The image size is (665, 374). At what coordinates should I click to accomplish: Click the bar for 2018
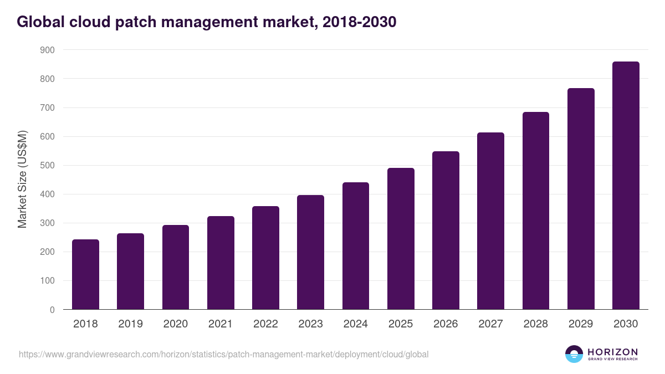pos(85,274)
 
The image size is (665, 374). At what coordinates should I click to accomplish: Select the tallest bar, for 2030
pos(626,186)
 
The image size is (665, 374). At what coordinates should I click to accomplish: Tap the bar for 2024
pos(356,246)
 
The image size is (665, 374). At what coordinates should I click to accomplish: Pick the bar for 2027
pos(490,221)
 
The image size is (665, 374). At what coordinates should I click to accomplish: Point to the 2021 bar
pos(221,263)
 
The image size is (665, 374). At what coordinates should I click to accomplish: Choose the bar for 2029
pos(581,199)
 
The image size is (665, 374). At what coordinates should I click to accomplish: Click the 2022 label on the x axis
pos(265,324)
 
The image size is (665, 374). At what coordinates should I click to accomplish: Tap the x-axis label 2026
pos(446,324)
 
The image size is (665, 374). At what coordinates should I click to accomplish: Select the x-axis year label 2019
pos(130,324)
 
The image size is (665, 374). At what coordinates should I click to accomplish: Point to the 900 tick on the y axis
pos(48,50)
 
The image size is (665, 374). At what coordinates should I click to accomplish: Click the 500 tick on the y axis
pos(48,166)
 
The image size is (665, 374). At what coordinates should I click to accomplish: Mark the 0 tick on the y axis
pos(52,310)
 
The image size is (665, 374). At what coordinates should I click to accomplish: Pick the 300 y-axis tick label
pos(48,223)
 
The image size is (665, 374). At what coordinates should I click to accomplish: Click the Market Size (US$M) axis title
pos(23,180)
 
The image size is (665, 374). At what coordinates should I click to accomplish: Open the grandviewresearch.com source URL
pos(223,354)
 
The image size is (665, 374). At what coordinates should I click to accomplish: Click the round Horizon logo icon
pos(574,354)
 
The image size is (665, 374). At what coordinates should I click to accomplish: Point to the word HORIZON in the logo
pos(612,352)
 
